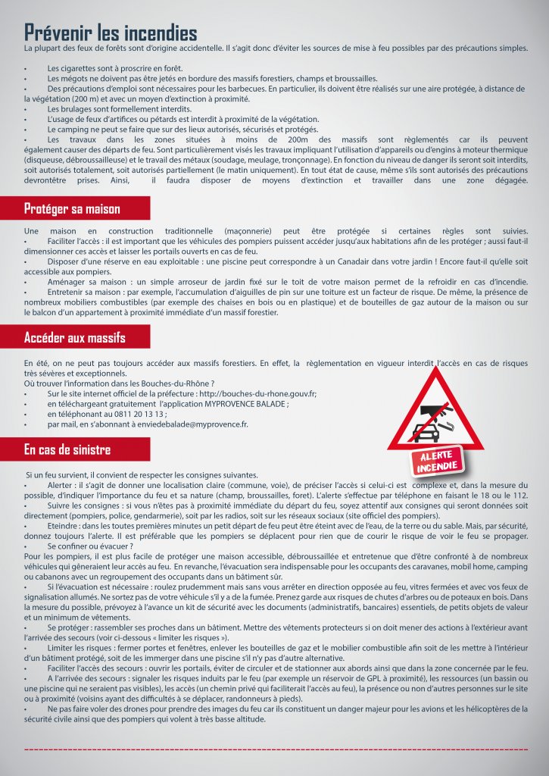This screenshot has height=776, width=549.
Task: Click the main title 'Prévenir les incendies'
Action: [111, 33]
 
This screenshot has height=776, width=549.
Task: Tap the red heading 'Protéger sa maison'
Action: [73, 208]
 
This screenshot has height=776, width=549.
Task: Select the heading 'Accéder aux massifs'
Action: [75, 337]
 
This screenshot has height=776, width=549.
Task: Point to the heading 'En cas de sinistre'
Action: [67, 450]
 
